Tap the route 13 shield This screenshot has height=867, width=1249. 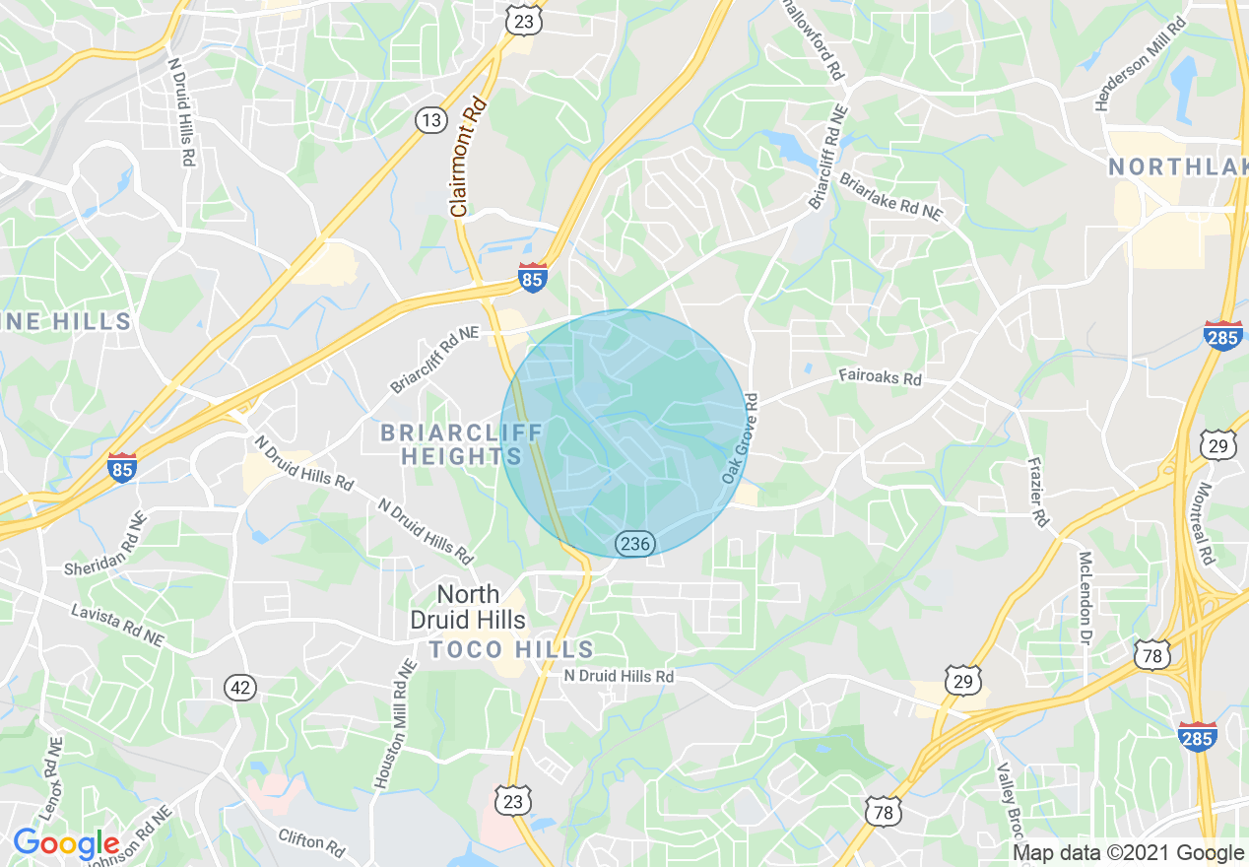pos(429,120)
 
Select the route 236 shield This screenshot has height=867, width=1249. pos(635,543)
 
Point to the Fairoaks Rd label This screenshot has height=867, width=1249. pos(880,377)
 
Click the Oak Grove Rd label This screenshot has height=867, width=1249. pos(740,438)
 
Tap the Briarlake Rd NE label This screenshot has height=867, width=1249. pos(890,197)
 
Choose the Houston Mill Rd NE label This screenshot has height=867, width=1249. pos(394,723)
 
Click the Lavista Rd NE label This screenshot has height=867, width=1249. pos(117,625)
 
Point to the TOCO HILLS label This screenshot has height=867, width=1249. pos(511,649)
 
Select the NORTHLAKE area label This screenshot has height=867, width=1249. pos(1177,167)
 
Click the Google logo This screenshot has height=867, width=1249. pos(66,843)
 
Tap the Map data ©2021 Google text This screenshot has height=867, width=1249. pos(1129,853)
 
